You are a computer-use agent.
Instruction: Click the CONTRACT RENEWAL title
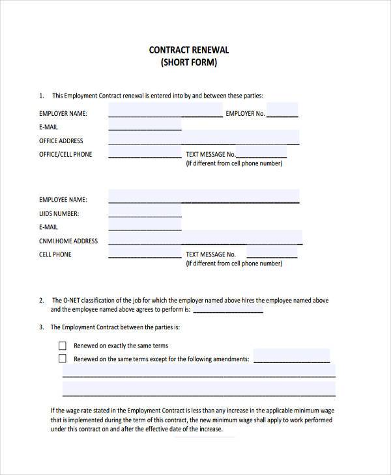point(189,49)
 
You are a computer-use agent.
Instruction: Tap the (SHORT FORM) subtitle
point(189,63)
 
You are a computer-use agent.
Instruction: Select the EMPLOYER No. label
point(245,114)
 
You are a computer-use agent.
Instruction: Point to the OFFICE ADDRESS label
point(61,141)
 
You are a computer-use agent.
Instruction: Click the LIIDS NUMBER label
point(59,213)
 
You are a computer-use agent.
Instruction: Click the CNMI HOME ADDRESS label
point(68,241)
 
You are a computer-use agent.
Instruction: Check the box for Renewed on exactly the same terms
point(63,346)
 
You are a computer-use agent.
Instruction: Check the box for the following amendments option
point(63,359)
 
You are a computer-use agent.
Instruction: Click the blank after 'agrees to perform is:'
point(228,310)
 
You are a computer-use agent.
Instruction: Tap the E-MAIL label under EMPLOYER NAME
point(48,128)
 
